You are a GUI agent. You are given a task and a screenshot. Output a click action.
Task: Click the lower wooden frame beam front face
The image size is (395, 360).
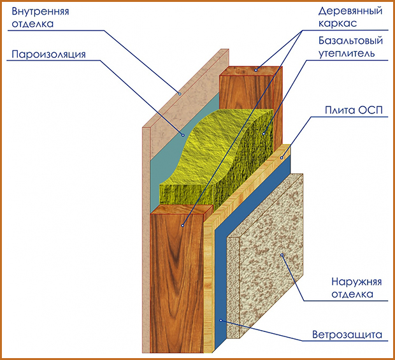coord(175,280)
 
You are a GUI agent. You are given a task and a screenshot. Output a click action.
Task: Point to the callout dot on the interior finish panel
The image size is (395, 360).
coord(180,94)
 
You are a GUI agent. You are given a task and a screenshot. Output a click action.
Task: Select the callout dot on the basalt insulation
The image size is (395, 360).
coord(263,134)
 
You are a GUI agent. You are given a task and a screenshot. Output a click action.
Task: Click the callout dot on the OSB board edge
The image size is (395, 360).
coord(281,156)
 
